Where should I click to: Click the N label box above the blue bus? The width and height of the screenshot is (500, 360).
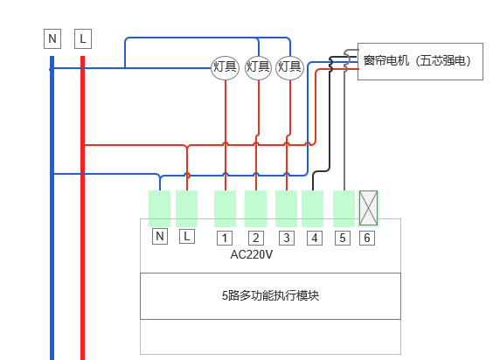(x=52, y=39)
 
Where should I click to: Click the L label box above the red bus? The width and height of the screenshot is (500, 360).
(x=83, y=39)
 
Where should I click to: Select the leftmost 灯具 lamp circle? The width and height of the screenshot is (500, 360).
(x=226, y=67)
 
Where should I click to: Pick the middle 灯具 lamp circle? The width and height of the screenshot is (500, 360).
(x=258, y=67)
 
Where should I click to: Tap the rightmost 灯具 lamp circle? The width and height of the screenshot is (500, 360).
(x=289, y=67)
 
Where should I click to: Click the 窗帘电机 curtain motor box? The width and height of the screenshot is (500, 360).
(x=420, y=61)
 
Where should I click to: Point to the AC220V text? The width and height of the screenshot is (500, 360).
(x=252, y=255)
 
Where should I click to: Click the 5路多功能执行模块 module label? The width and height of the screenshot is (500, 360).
(x=270, y=296)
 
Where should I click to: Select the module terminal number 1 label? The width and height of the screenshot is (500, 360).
(x=225, y=239)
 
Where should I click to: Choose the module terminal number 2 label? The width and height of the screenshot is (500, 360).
(x=256, y=239)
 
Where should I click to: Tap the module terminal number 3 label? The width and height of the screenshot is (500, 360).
(x=287, y=239)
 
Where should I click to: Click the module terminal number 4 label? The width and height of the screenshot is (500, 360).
(x=315, y=239)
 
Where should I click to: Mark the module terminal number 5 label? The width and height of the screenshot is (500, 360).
(x=343, y=239)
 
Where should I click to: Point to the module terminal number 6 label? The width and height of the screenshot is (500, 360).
(x=367, y=239)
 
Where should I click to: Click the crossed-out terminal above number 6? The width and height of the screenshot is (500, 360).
(x=369, y=208)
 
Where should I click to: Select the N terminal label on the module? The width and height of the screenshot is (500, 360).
(x=160, y=237)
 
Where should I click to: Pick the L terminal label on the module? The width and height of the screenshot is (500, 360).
(x=187, y=237)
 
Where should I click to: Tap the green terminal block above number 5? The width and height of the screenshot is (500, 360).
(x=344, y=209)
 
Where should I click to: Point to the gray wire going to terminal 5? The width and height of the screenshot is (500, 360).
(x=344, y=128)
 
